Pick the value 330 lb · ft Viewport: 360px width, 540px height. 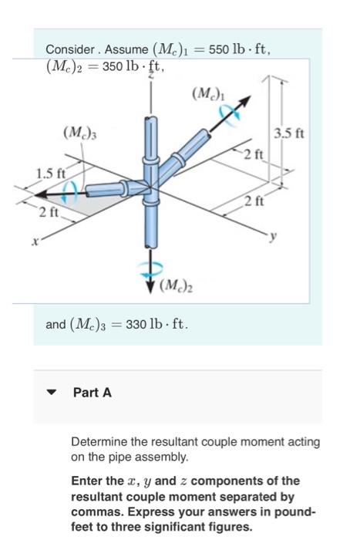pyautogui.click(x=157, y=324)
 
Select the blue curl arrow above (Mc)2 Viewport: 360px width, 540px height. pyautogui.click(x=150, y=268)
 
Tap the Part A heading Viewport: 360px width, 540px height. pyautogui.click(x=92, y=393)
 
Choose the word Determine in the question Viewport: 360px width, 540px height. pyautogui.click(x=99, y=442)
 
